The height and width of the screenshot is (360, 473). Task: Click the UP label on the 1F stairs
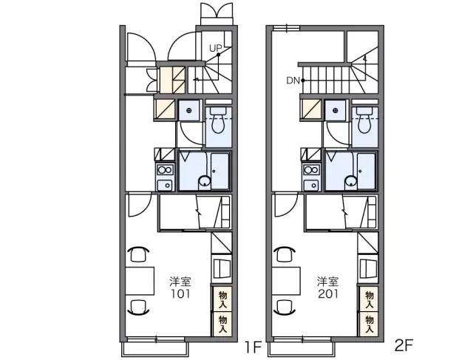[216, 48]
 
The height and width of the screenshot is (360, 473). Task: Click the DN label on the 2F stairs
[293, 81]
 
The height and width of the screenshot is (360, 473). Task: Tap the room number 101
[180, 293]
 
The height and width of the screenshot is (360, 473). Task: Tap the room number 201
[328, 293]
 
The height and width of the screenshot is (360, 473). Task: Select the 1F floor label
[253, 347]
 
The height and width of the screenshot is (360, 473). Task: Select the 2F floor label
[404, 345]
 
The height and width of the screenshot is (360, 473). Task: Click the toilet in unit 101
[218, 120]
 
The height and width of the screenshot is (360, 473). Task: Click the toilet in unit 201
[364, 120]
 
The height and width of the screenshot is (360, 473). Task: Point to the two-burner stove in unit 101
[165, 170]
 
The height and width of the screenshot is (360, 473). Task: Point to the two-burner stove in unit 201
[311, 170]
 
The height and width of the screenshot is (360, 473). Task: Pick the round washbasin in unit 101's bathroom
[204, 182]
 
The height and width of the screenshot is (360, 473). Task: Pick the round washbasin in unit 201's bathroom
[351, 182]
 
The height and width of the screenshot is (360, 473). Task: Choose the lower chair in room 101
[138, 307]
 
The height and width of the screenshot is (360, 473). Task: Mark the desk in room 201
[286, 281]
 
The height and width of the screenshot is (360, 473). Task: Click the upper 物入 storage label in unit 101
[222, 299]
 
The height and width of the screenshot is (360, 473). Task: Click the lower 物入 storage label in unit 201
[370, 325]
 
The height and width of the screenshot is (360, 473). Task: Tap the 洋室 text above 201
[327, 282]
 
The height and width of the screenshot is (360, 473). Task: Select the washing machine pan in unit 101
[189, 110]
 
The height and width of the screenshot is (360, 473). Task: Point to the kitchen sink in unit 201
[311, 184]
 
